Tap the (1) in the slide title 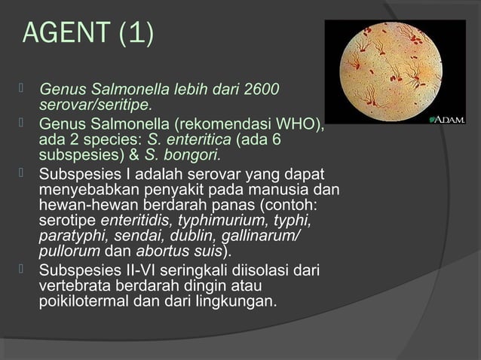[x=135, y=34]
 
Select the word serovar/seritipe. [x=95, y=104]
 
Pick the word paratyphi [x=68, y=236]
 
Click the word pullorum [x=69, y=251]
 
